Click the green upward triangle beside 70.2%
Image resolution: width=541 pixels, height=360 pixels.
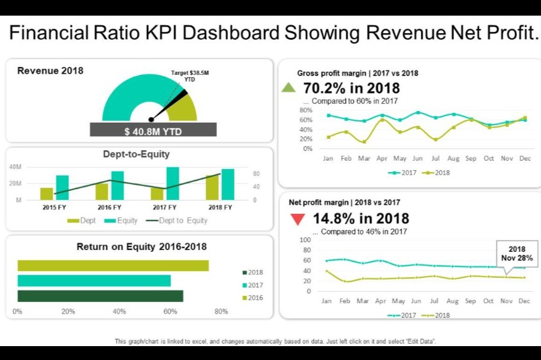[x=289, y=88]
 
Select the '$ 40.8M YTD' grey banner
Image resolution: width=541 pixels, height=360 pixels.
[x=153, y=130]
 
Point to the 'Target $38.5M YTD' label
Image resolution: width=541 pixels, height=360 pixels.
[x=190, y=76]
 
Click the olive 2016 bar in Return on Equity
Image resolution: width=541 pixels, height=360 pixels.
[x=113, y=266]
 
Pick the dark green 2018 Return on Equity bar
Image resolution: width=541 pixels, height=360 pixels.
[x=100, y=296]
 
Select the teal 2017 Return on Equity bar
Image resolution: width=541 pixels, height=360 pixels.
[x=94, y=281]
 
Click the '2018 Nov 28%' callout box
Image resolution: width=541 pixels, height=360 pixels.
[x=516, y=254]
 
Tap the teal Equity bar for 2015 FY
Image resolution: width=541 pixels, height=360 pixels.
[x=62, y=187]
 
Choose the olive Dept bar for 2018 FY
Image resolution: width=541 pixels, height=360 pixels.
[x=212, y=187]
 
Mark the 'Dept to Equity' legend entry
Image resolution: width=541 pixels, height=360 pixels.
[x=177, y=220]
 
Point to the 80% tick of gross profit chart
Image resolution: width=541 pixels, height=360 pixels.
[x=305, y=111]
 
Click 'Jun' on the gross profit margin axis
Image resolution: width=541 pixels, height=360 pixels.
[x=417, y=159]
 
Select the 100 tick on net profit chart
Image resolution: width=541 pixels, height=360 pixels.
[x=305, y=240]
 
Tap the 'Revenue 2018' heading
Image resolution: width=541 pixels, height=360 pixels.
[x=50, y=71]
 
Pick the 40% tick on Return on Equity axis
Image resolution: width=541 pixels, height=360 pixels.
[x=119, y=312]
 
